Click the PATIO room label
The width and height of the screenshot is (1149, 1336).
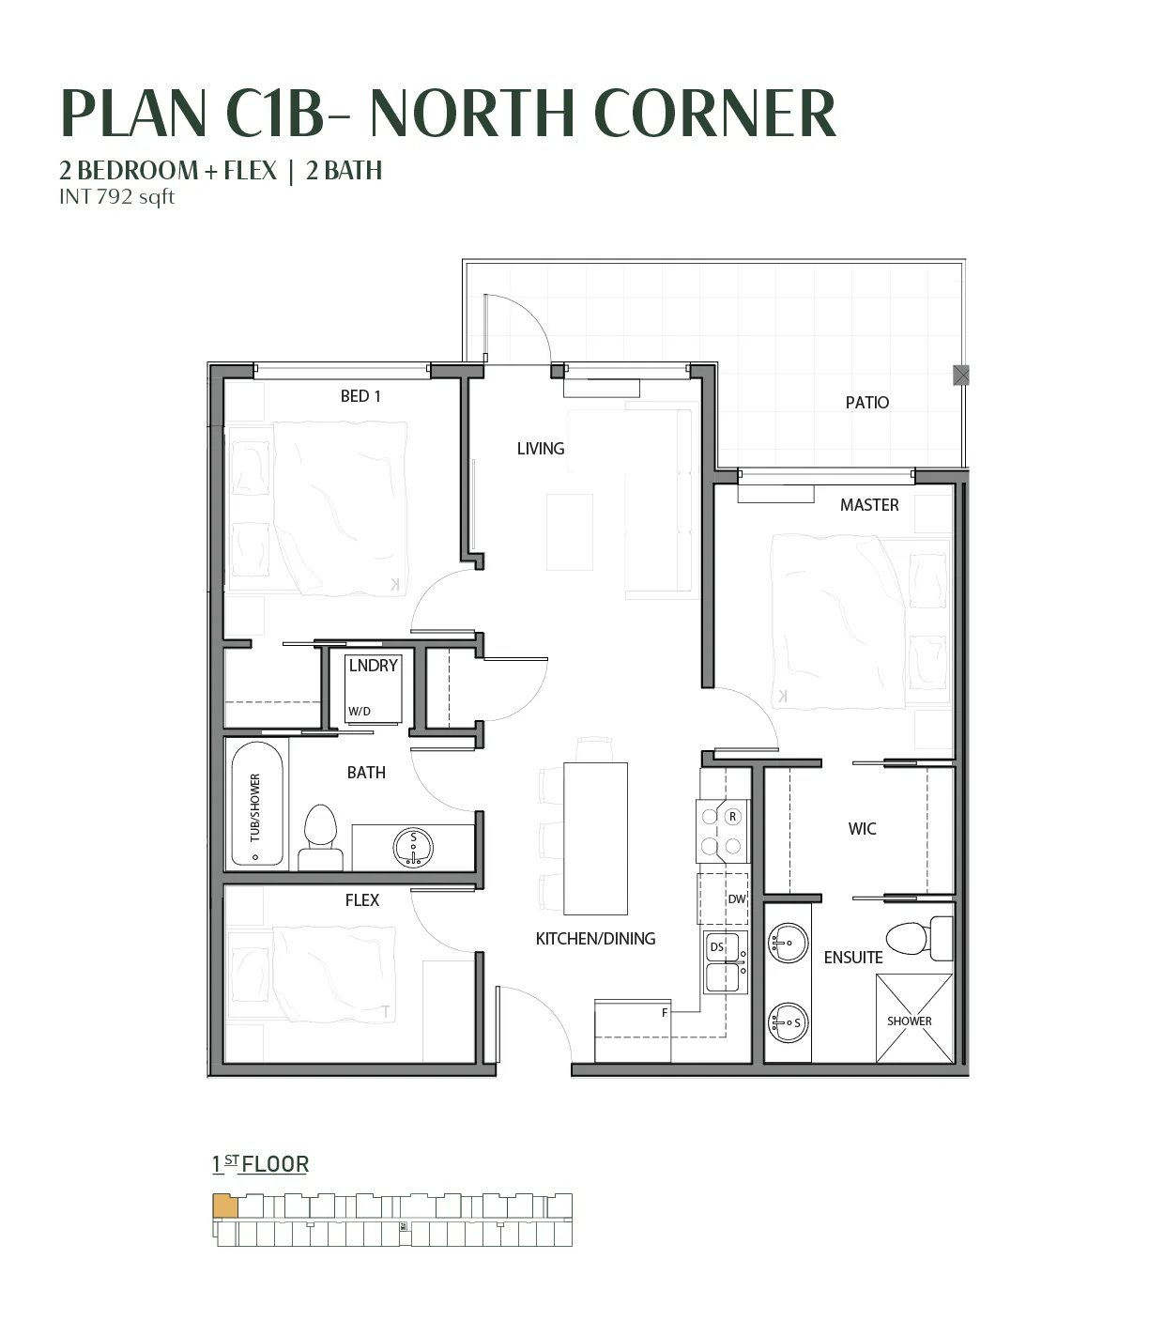(866, 403)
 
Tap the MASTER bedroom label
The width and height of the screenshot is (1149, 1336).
(869, 505)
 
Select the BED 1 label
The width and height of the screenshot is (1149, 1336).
(360, 396)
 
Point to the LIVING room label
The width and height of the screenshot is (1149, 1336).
(541, 449)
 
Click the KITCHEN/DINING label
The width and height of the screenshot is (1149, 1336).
(595, 939)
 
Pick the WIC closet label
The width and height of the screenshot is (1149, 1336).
(862, 829)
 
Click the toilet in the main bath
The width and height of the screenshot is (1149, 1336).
(320, 837)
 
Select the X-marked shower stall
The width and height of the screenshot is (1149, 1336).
(913, 1018)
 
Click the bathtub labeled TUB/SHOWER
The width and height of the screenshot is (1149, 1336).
(257, 804)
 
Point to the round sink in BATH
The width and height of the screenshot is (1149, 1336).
(413, 848)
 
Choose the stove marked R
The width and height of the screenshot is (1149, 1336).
(723, 831)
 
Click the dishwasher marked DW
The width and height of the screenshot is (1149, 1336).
(723, 899)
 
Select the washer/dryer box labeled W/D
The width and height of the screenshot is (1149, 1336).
(374, 688)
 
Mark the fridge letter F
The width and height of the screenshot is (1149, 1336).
(665, 1013)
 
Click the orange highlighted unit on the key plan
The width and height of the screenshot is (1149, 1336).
(225, 1206)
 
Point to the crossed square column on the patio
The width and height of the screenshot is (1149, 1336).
(961, 375)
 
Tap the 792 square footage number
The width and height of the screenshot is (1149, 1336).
(115, 196)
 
